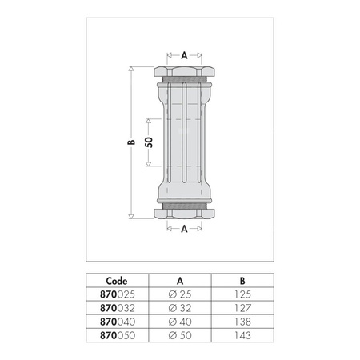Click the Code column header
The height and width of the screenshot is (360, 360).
pyautogui.click(x=117, y=281)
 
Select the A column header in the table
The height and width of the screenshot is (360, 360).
pyautogui.click(x=180, y=281)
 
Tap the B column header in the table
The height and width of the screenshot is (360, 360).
pyautogui.click(x=242, y=281)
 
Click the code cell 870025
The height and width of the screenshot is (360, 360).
pyautogui.click(x=118, y=294)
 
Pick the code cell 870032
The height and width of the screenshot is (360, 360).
pyautogui.click(x=118, y=308)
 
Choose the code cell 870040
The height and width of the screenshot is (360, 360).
pyautogui.click(x=118, y=322)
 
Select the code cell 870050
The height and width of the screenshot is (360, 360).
pyautogui.click(x=118, y=335)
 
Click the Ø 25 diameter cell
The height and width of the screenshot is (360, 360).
pyautogui.click(x=180, y=294)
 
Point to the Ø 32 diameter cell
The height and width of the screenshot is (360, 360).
pyautogui.click(x=180, y=308)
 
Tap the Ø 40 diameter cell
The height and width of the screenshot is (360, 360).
pyautogui.click(x=180, y=322)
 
